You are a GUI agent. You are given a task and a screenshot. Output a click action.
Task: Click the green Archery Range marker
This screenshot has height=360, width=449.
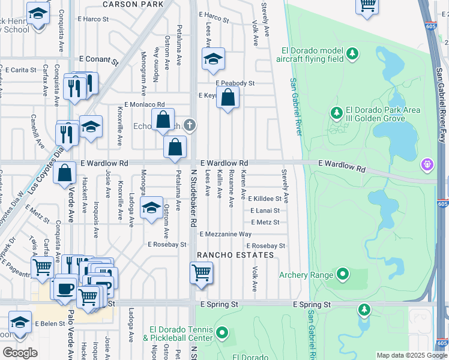click(x=342, y=275)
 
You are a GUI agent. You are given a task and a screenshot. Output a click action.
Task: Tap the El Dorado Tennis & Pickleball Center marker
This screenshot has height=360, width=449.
click(x=222, y=332)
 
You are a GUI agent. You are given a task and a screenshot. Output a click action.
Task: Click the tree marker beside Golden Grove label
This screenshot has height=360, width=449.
click(x=336, y=113)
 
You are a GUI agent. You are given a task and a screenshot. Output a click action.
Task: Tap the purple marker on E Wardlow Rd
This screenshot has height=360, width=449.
click(x=427, y=163)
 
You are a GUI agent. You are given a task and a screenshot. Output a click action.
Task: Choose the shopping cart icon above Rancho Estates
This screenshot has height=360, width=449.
click(x=202, y=273)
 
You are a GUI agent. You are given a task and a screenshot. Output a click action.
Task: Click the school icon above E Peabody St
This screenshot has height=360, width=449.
click(x=213, y=59)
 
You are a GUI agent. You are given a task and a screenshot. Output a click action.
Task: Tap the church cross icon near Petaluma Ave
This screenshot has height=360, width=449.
click(x=190, y=125)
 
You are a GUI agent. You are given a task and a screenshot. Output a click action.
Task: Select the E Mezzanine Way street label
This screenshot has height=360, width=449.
click(x=226, y=234)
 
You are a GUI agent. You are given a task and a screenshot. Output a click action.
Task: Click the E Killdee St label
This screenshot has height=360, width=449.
click(x=265, y=198)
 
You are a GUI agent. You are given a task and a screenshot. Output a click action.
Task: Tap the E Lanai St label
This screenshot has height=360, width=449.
click(x=265, y=211)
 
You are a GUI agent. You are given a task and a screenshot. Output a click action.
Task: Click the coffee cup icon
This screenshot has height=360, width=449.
click(x=65, y=289)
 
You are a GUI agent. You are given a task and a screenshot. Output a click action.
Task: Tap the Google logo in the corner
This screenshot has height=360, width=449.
click(x=20, y=353)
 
